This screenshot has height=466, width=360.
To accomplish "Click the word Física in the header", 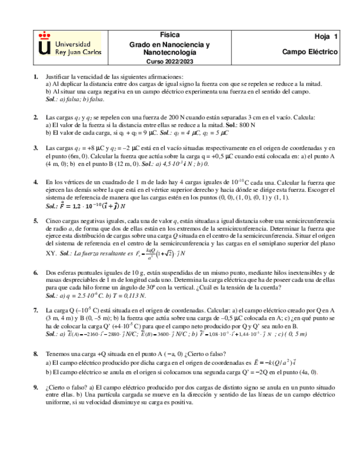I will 170,35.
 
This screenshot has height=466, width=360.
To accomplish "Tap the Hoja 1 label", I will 326,37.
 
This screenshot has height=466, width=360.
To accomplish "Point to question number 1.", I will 36,77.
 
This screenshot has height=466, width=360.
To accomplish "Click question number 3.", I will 36,148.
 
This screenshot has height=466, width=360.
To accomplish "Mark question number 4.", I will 36,181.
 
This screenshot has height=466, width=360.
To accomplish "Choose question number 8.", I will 36,354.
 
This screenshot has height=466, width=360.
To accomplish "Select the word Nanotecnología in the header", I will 170,52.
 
